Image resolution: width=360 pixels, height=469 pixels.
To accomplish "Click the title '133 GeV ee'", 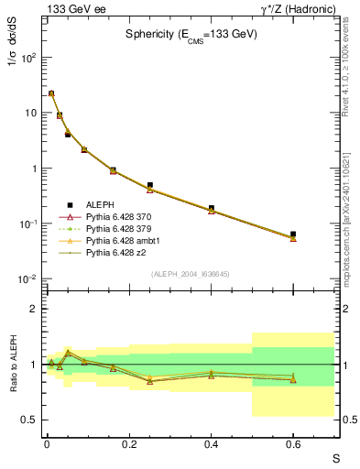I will click(x=72, y=8).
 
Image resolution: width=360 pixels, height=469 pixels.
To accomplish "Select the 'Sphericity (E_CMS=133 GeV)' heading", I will click(x=191, y=35).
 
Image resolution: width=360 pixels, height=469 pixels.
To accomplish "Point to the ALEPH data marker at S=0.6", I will click(x=293, y=234).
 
